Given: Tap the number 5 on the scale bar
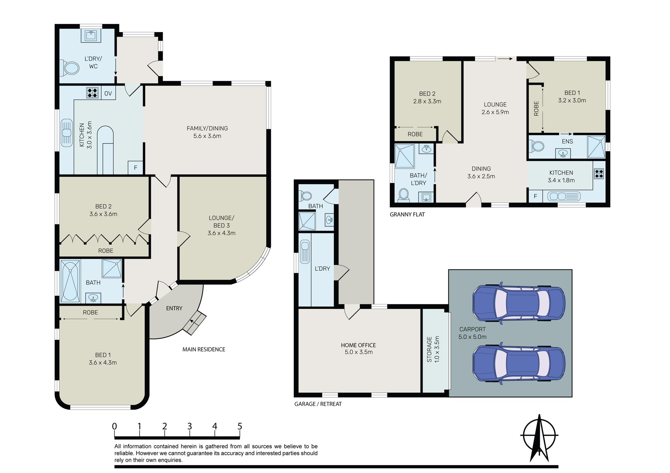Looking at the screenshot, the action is pos(240,426).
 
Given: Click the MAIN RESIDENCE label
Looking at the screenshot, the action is pos(204,349).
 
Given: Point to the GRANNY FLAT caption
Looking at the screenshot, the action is pos(407,214).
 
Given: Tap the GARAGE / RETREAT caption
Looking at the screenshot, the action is pos(318,404).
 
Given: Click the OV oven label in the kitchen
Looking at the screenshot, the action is pos(108,93).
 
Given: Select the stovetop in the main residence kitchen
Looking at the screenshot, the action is pos(92,93).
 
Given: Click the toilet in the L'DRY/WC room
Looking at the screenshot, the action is pos(70,68).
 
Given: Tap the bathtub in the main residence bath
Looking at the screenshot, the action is pos(70,281).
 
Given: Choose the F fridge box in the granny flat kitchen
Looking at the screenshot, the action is pos(536,196).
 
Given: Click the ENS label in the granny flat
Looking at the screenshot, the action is pos(567,141).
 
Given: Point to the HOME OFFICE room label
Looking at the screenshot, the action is pos(358,345).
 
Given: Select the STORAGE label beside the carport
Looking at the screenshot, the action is pos(430,349).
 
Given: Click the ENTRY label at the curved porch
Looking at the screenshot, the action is pos(174,308).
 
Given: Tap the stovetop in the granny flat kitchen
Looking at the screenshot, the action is pos(599,174).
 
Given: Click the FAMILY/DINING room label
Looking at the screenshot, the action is pos(207,128).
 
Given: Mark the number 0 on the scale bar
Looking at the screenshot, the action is pos(114,426).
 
